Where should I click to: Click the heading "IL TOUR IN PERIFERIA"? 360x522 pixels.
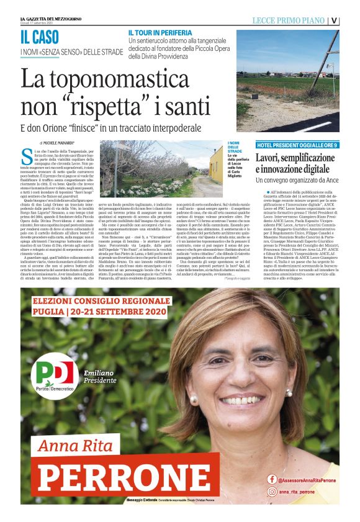point(160,32)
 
